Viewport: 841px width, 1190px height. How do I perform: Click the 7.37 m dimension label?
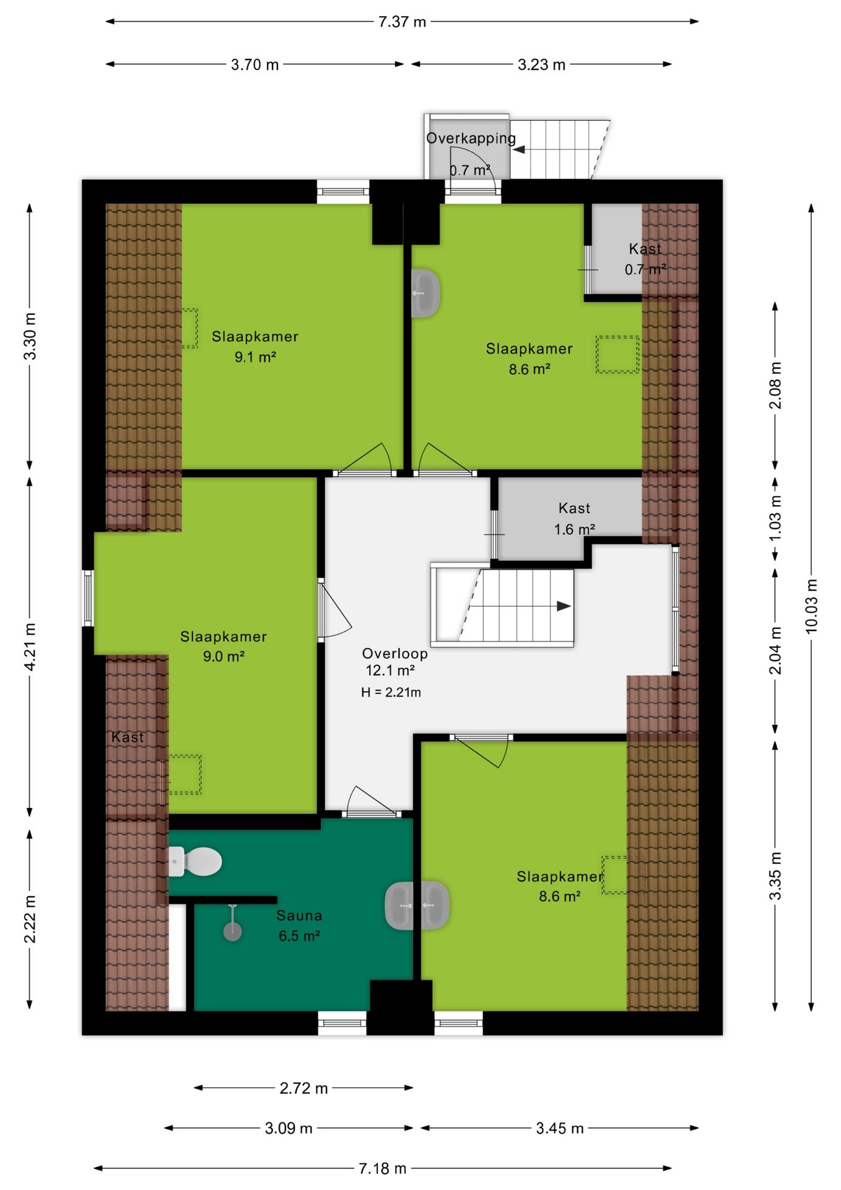(402, 22)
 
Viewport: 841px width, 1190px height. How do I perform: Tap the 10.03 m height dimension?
(811, 606)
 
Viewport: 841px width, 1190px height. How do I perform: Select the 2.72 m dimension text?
(303, 1088)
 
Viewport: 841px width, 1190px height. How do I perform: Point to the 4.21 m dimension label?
(30, 646)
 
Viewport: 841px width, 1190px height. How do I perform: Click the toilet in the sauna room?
(195, 862)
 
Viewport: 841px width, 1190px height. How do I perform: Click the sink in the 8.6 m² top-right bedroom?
(425, 293)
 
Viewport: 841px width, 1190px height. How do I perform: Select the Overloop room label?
(395, 653)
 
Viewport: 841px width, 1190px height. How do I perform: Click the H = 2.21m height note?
(391, 692)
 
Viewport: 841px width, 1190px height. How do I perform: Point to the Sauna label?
(299, 915)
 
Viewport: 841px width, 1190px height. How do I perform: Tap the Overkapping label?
(471, 138)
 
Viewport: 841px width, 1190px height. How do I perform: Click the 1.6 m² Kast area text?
(575, 529)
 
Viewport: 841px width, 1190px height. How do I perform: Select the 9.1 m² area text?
(255, 357)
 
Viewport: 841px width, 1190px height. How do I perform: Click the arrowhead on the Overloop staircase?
(564, 606)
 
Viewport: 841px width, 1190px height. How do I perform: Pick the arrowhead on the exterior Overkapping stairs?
(518, 149)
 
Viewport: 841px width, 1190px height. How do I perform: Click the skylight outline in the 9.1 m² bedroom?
(180, 328)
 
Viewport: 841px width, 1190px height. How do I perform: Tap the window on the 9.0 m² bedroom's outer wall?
(88, 598)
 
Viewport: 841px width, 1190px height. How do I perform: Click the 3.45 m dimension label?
(560, 1128)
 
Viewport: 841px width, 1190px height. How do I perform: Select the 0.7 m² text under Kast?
(645, 270)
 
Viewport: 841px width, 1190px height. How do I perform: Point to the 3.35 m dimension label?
(775, 876)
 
